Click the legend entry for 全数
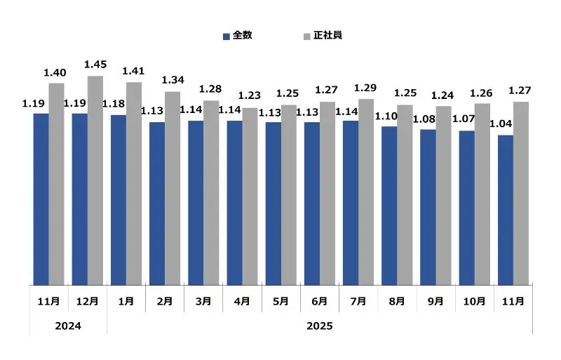[x=237, y=35]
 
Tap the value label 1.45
[x=95, y=65]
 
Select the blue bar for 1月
[x=119, y=200]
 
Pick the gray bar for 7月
[x=366, y=192]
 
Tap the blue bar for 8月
[x=389, y=206]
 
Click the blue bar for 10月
[x=466, y=208]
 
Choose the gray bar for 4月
[x=250, y=196]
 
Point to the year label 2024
[x=68, y=326]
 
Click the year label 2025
[x=319, y=326]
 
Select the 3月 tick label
[x=203, y=301]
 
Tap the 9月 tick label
[x=435, y=301]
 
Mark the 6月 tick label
[x=319, y=301]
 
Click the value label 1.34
[x=173, y=80]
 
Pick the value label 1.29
[x=366, y=88]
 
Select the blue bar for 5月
[x=273, y=204]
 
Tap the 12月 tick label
[x=88, y=301]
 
